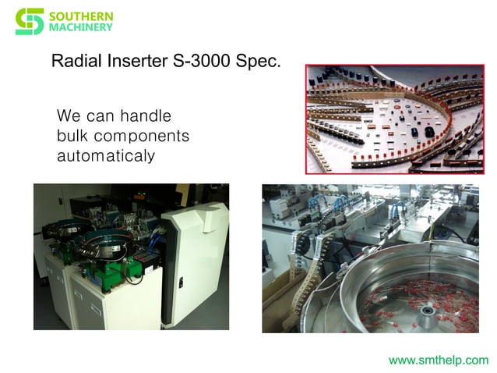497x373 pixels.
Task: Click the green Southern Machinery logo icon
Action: [30, 21]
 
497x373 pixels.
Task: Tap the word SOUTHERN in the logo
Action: [81, 16]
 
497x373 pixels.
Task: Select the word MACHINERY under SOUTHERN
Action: [81, 27]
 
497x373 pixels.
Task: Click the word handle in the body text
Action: [148, 116]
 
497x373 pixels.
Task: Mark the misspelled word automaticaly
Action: [106, 155]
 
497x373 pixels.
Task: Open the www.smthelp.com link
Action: [439, 360]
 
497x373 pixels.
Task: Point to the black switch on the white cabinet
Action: [181, 284]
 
